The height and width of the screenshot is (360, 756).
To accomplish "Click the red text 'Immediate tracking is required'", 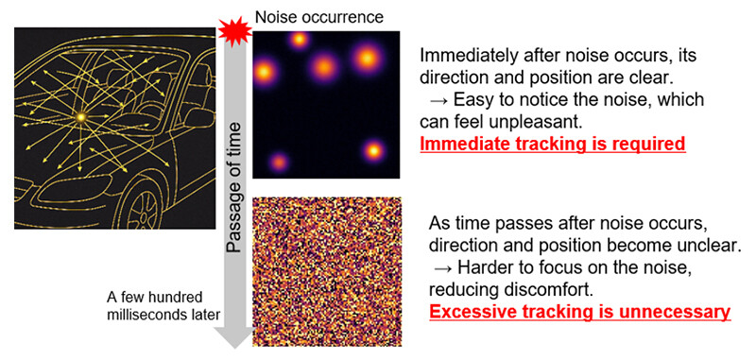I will tap(553, 145).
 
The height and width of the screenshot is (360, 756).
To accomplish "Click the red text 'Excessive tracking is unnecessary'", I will tap(578, 310).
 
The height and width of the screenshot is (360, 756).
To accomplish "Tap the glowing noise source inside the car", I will tap(81, 116).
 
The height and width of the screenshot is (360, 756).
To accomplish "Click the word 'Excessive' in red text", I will tap(471, 310).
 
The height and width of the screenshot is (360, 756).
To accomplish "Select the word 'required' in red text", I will tap(651, 145).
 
